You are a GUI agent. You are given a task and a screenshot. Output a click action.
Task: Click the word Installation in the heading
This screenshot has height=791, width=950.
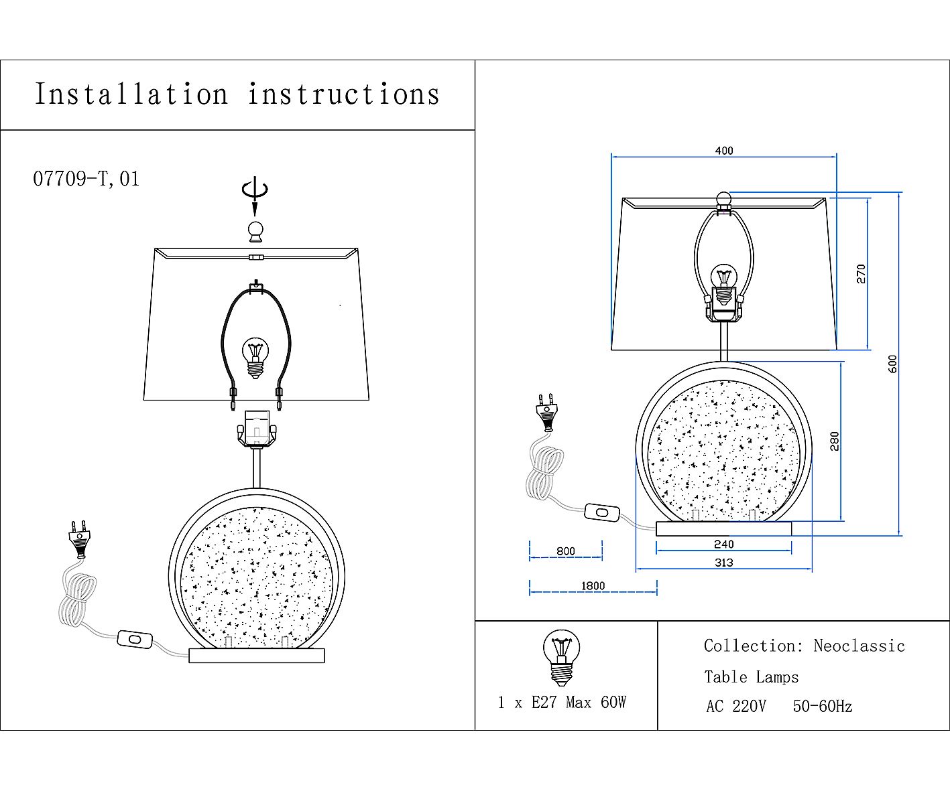[x=131, y=94]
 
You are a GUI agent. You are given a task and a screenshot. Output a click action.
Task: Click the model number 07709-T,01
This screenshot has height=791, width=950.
[x=86, y=179]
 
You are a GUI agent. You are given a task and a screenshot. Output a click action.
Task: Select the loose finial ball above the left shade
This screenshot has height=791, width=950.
[x=256, y=232]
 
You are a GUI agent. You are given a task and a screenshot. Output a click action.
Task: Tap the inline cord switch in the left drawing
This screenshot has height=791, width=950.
[x=135, y=640]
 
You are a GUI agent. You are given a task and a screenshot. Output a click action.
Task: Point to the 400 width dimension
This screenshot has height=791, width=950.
[x=724, y=151]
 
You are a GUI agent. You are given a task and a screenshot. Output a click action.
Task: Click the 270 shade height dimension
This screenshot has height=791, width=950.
[x=861, y=274]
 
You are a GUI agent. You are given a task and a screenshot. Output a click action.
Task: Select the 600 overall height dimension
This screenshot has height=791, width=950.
[x=892, y=364]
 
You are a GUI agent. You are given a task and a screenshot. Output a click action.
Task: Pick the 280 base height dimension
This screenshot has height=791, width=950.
[x=835, y=441]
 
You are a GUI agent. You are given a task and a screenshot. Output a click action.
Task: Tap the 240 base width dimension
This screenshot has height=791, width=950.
[x=723, y=544]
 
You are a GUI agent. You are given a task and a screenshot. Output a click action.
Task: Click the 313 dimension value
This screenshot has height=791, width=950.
[x=723, y=563]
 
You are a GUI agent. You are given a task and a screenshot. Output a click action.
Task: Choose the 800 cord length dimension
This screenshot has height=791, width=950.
[x=566, y=551]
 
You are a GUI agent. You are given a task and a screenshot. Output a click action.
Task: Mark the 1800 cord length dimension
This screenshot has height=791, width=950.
[x=593, y=586]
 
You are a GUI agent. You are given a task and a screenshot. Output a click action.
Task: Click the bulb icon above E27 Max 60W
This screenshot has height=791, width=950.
[x=562, y=658]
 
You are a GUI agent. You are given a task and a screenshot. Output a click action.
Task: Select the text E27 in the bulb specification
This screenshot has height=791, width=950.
[x=544, y=703]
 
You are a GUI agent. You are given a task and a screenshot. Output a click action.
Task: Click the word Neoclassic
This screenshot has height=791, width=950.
[x=859, y=646]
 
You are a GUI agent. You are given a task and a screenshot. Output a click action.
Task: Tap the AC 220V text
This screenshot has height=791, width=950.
[x=736, y=707]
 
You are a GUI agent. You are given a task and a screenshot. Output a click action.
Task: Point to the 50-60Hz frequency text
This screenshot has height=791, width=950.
[x=823, y=707]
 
